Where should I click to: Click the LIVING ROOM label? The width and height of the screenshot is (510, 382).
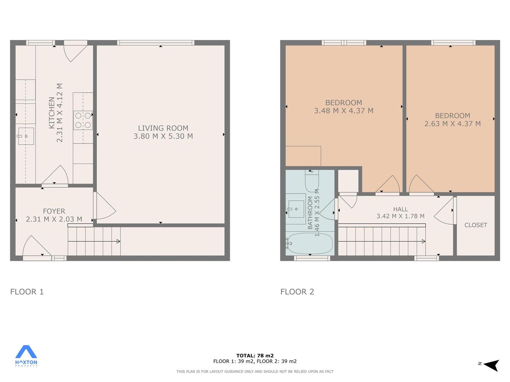163,128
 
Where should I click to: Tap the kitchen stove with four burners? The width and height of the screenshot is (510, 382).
83,120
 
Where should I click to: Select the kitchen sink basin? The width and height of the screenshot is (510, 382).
26,136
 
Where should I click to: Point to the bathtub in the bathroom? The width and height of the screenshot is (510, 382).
309,243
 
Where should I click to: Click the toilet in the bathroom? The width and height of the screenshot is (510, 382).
312,181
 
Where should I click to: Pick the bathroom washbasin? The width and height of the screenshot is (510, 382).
296,209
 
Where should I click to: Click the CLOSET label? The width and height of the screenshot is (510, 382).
476,225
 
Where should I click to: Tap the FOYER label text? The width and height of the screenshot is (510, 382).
54,211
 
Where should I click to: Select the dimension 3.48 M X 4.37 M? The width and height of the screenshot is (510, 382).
344,111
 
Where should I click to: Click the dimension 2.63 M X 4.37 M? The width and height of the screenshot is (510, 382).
452,124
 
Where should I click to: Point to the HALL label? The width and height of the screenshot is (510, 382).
400,209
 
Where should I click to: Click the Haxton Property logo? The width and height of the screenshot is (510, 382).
26,356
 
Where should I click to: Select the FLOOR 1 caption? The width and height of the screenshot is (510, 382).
27,291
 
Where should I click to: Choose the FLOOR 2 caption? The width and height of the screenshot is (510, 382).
297,291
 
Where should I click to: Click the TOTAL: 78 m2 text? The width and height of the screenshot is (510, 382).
255,355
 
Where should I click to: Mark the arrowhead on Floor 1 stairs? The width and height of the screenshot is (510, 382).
118,241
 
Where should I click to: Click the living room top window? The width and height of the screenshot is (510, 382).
156,43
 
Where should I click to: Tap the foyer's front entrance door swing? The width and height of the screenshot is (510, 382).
37,245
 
